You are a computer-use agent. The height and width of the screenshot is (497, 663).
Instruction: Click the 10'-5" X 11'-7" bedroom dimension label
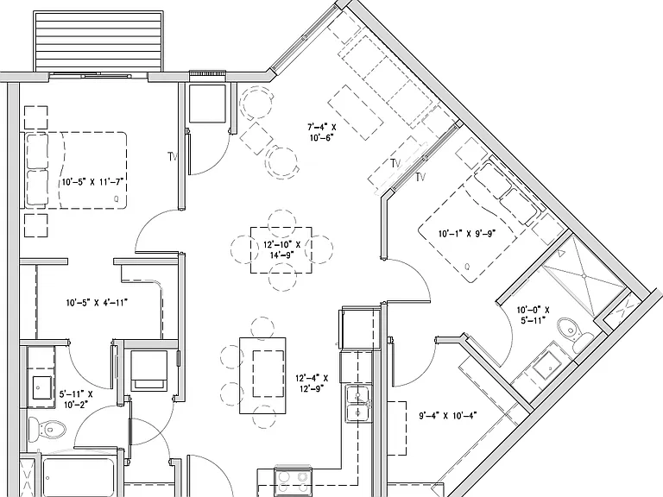(92, 182)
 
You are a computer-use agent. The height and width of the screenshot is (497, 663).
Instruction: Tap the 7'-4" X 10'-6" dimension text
(322, 132)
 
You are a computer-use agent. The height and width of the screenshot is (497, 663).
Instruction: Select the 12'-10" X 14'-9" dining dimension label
(281, 249)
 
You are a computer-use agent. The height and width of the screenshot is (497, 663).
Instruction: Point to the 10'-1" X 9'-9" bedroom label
(467, 233)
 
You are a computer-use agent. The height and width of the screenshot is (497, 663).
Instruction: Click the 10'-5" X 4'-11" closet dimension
(97, 303)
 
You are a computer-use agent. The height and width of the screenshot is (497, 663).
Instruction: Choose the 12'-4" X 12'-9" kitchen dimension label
(312, 383)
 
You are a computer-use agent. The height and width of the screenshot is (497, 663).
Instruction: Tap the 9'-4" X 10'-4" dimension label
(448, 416)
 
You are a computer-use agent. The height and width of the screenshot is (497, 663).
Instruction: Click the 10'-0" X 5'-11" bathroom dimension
(533, 315)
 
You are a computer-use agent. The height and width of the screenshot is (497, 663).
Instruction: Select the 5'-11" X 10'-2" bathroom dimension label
(76, 399)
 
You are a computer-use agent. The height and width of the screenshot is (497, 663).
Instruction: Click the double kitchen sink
(358, 404)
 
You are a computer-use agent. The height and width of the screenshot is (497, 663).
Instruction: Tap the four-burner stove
(293, 482)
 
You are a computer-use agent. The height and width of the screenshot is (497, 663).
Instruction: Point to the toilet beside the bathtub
(47, 430)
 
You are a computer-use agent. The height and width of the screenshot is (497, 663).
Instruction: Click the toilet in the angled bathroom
(575, 331)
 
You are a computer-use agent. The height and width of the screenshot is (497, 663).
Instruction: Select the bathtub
(79, 476)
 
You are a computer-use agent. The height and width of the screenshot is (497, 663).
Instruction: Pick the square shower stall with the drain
(584, 275)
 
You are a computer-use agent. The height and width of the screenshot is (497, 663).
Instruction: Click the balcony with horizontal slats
(98, 42)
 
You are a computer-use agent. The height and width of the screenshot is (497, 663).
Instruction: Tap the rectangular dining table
(281, 249)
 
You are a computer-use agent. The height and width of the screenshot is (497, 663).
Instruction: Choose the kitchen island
(262, 375)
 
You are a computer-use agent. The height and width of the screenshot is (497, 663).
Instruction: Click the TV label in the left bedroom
(172, 157)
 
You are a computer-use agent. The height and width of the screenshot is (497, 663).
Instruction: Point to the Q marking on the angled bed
(467, 267)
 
